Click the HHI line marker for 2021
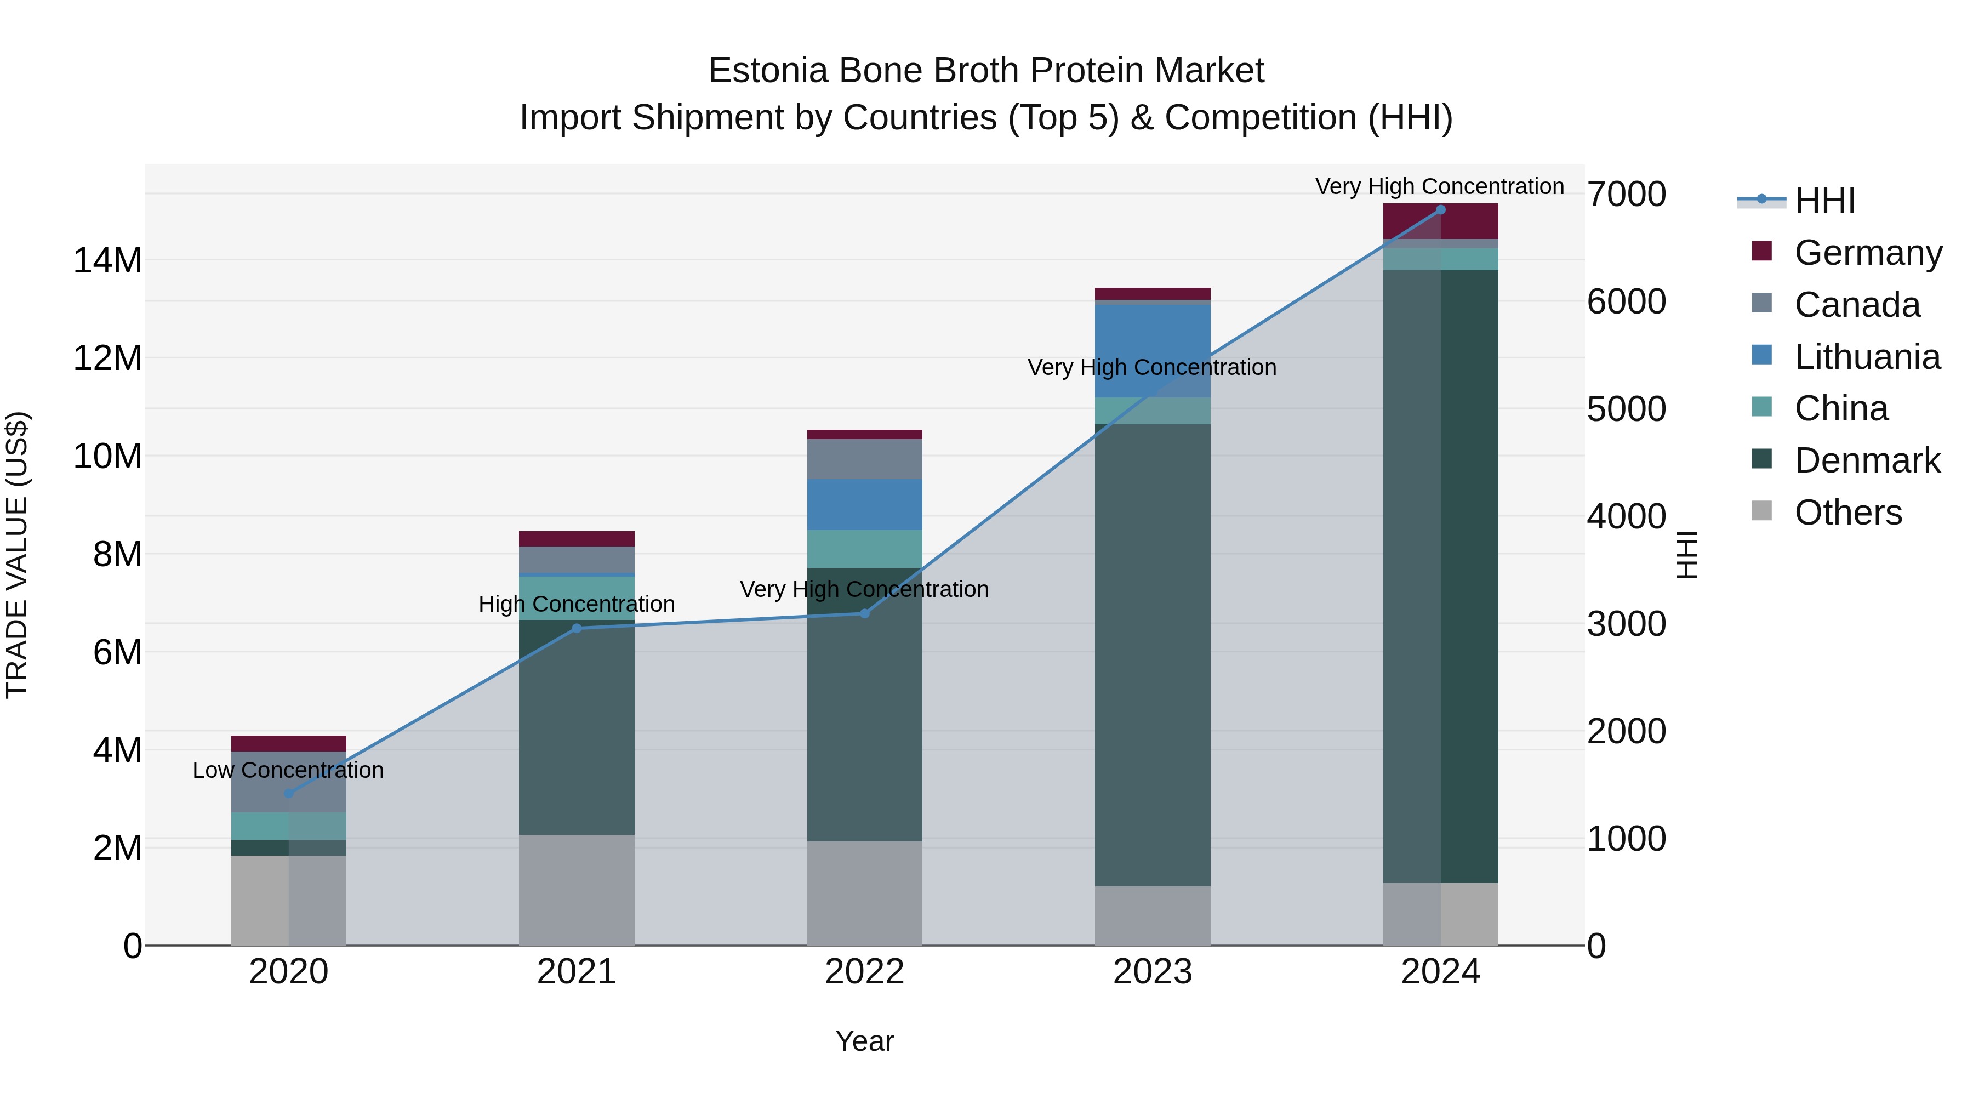pyautogui.click(x=577, y=628)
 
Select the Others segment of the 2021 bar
pyautogui.click(x=577, y=890)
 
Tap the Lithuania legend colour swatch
pyautogui.click(x=1761, y=355)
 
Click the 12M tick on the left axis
pyautogui.click(x=107, y=358)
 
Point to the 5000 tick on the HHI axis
pyautogui.click(x=1626, y=409)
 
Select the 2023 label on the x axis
pyautogui.click(x=1152, y=971)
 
